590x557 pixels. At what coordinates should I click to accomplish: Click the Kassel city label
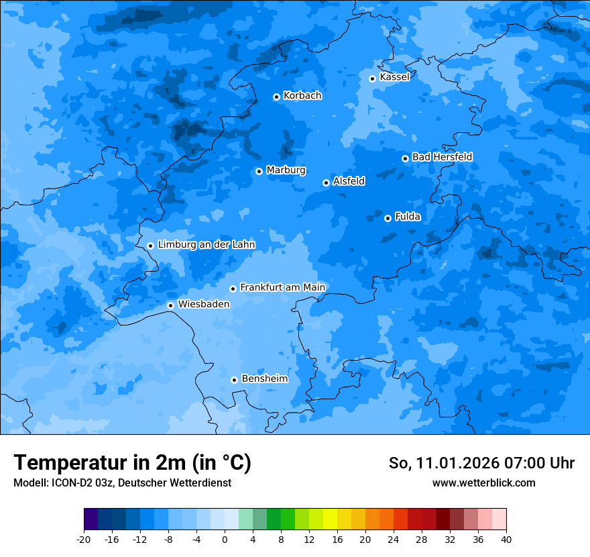394,77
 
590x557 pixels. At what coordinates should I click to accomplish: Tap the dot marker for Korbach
276,97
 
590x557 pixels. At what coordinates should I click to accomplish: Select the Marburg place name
286,170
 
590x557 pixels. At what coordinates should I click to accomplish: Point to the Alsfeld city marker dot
326,183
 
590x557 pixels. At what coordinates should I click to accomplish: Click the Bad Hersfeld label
442,157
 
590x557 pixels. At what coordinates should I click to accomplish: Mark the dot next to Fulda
388,218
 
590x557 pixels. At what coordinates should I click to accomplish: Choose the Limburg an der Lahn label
206,245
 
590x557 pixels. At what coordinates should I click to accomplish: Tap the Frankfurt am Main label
282,287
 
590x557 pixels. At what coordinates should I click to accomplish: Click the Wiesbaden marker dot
171,305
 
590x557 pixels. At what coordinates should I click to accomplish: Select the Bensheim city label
264,378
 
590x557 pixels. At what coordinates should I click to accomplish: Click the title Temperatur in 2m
132,462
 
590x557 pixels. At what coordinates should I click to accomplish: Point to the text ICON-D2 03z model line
122,483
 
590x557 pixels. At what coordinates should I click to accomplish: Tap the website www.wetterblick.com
483,483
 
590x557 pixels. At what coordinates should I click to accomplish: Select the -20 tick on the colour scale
84,539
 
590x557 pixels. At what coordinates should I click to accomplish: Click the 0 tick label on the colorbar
225,539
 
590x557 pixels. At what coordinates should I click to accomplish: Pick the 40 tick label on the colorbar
506,539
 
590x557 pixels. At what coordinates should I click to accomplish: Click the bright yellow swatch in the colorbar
330,519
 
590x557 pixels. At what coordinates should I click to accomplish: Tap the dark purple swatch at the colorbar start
91,519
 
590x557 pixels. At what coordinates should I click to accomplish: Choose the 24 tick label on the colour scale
394,539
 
